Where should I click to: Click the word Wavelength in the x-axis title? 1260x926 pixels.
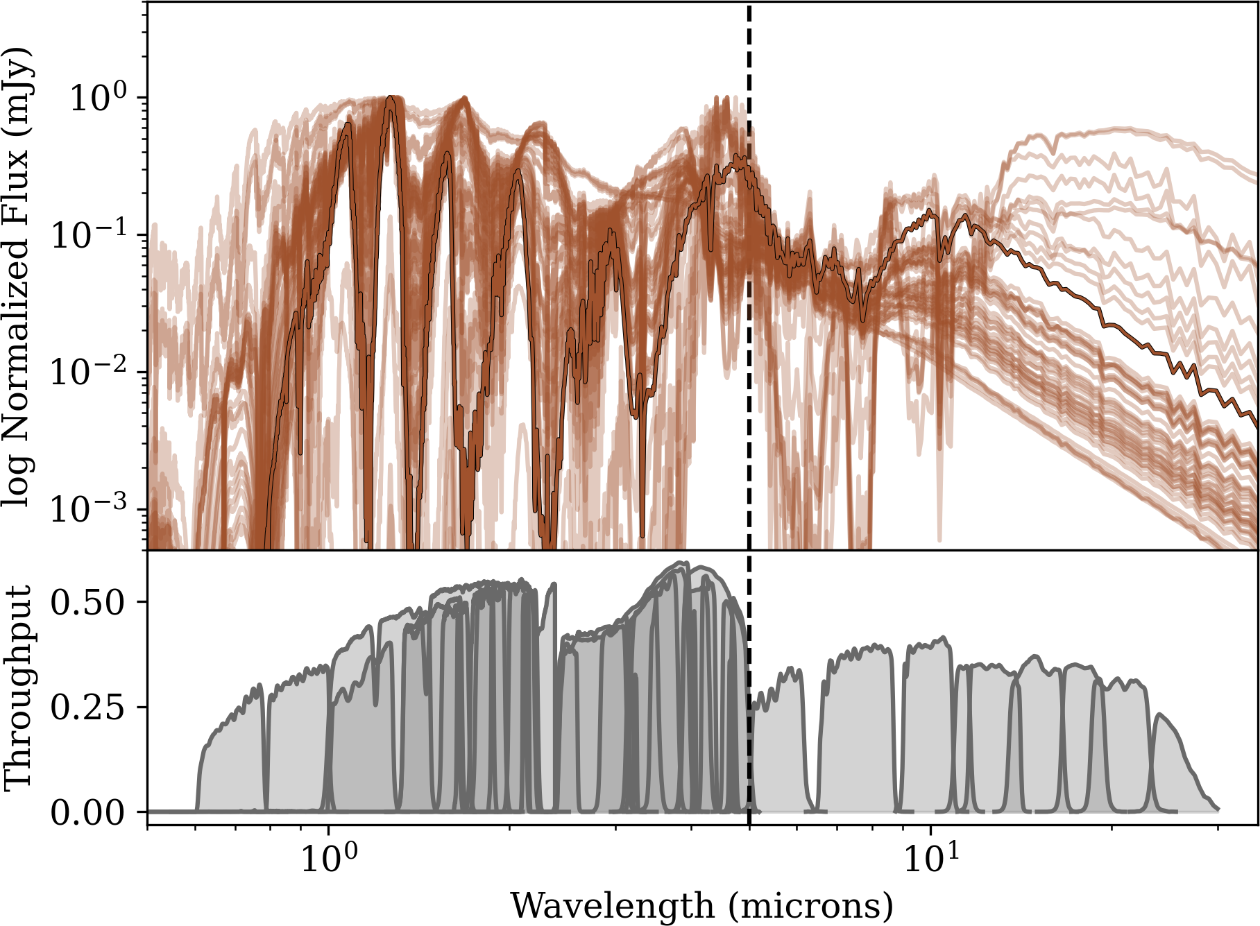click(x=612, y=906)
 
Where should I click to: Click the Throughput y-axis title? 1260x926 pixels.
click(x=18, y=687)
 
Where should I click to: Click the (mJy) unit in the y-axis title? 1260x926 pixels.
click(x=18, y=91)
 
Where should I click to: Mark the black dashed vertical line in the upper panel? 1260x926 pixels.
click(x=749, y=347)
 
